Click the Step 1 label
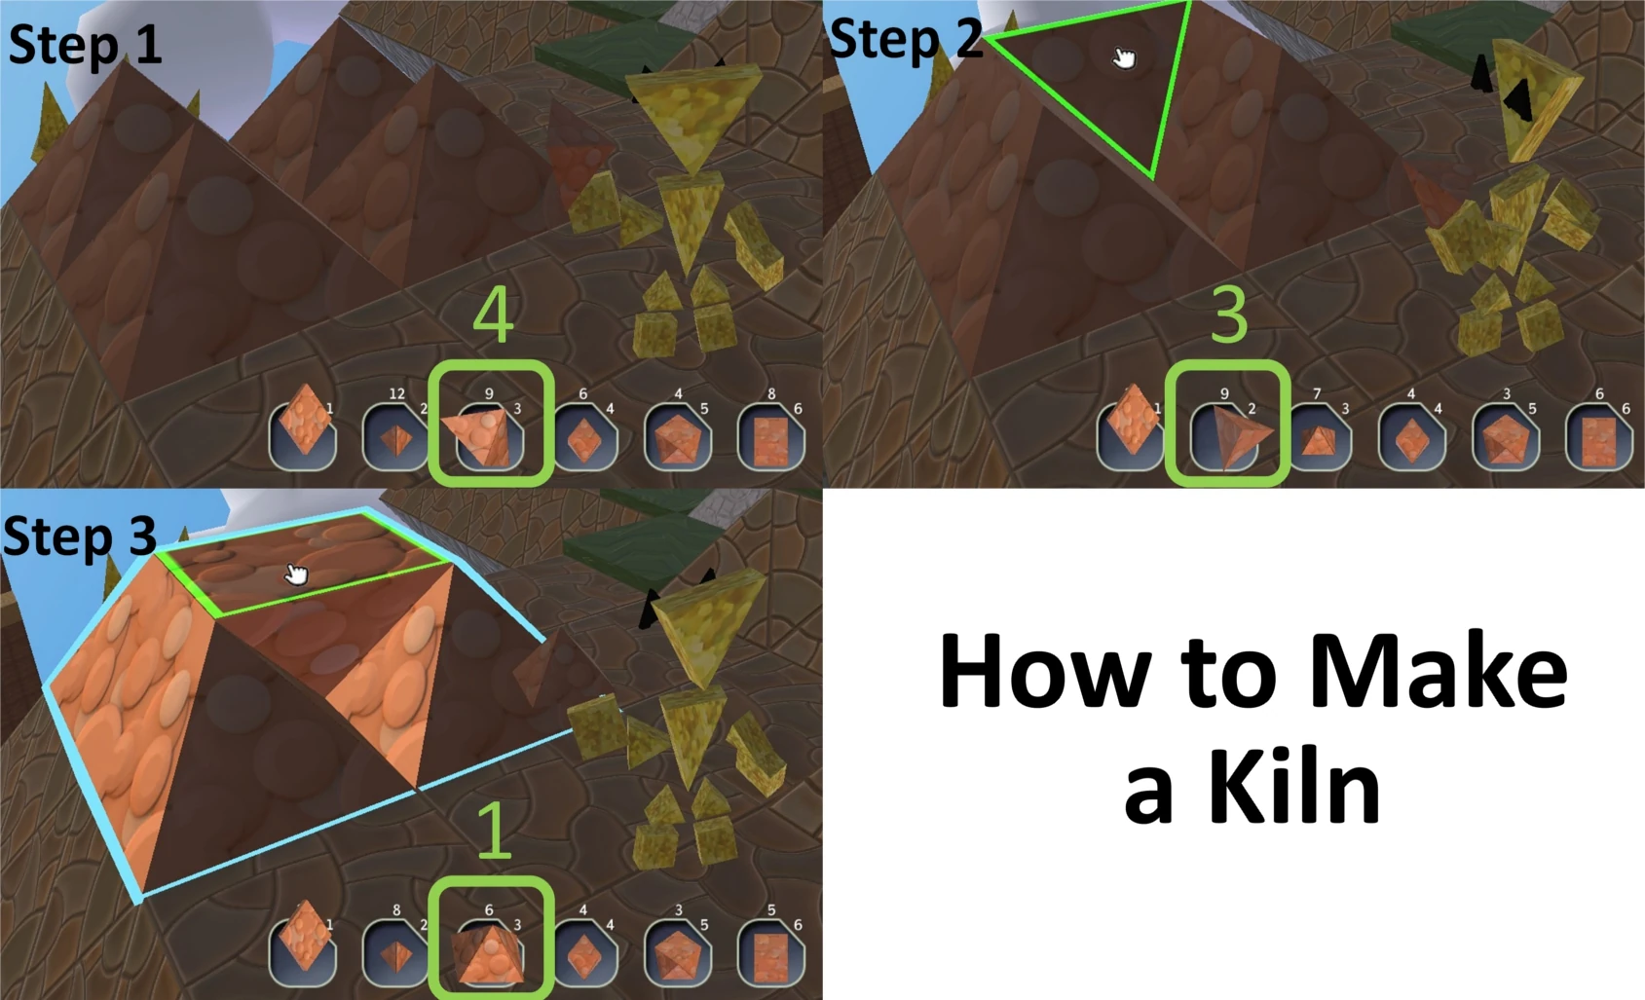[86, 46]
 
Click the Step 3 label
[80, 537]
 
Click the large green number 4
[493, 315]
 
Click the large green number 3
[1228, 315]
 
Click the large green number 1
[495, 832]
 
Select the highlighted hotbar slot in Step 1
[490, 425]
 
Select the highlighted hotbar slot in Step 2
[1227, 425]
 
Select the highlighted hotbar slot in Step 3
[490, 941]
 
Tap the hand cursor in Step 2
[1124, 58]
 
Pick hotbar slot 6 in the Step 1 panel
[771, 436]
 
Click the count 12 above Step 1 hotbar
[396, 393]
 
